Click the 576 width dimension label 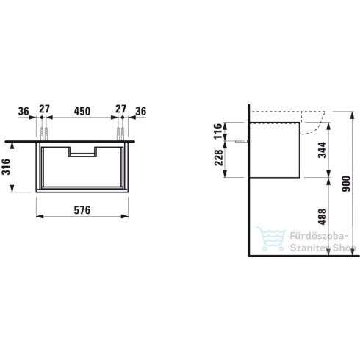(x=82, y=210)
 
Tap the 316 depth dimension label (x=6, y=167)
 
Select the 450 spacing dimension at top (x=82, y=111)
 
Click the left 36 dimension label (x=24, y=112)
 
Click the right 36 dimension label (x=141, y=112)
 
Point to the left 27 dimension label (x=45, y=109)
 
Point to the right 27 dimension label (x=120, y=109)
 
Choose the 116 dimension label (x=218, y=132)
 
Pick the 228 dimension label (x=219, y=157)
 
